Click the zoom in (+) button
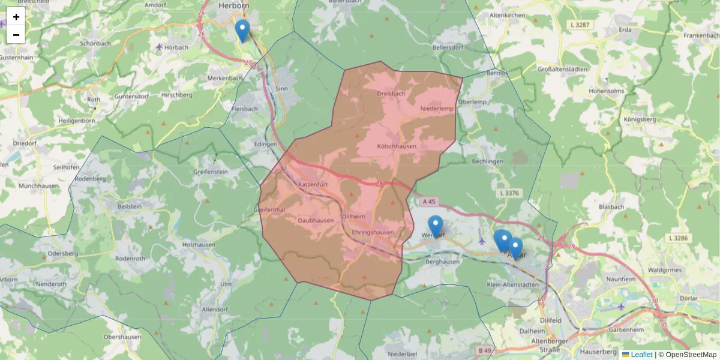[x=16, y=17]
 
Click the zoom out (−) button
[x=16, y=35]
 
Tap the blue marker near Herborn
[x=242, y=30]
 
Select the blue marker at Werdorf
[x=436, y=226]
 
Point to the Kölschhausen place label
[x=397, y=146]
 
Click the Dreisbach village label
[x=391, y=94]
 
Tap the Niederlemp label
[x=437, y=109]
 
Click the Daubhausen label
[x=316, y=220]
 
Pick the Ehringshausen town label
[x=373, y=232]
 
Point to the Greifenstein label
[x=211, y=171]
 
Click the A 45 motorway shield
[x=428, y=202]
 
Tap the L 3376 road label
[x=508, y=193]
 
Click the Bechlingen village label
[x=488, y=162]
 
